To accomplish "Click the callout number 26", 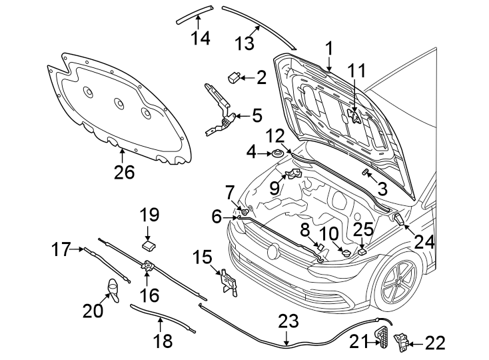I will pyautogui.click(x=124, y=173).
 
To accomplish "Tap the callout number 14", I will pyautogui.click(x=200, y=38).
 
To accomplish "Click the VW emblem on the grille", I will pyautogui.click(x=274, y=252).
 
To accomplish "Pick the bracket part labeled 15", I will pyautogui.click(x=228, y=281).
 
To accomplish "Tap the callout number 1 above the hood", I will pyautogui.click(x=328, y=47).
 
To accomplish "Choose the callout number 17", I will pyautogui.click(x=61, y=250).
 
